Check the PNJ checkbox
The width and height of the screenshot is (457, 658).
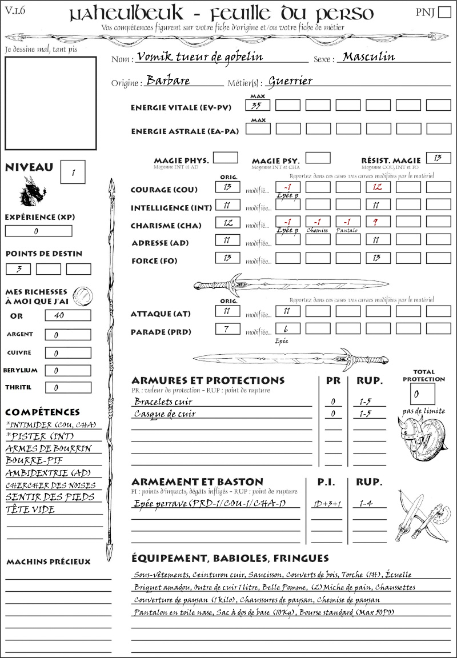tap(443, 13)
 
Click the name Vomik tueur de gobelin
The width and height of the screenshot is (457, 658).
tap(198, 57)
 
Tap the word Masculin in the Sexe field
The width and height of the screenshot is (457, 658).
tap(368, 57)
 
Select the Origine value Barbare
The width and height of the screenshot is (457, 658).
tap(168, 81)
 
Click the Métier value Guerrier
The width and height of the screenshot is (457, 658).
tap(290, 81)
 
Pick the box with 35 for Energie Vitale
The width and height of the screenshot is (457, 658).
tap(258, 105)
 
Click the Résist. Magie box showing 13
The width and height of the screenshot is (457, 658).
tap(438, 157)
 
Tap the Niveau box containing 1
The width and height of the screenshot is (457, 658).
tap(74, 171)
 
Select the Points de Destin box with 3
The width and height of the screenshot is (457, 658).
tap(18, 268)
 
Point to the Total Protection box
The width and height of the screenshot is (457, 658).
tap(422, 394)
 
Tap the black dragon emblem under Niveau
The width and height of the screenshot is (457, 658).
tap(32, 191)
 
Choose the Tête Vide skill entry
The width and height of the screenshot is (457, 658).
tap(30, 509)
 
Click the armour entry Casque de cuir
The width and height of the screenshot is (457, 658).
tap(165, 414)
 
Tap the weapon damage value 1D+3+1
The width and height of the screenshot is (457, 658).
tap(326, 504)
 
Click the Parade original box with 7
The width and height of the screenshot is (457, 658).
tap(227, 328)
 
